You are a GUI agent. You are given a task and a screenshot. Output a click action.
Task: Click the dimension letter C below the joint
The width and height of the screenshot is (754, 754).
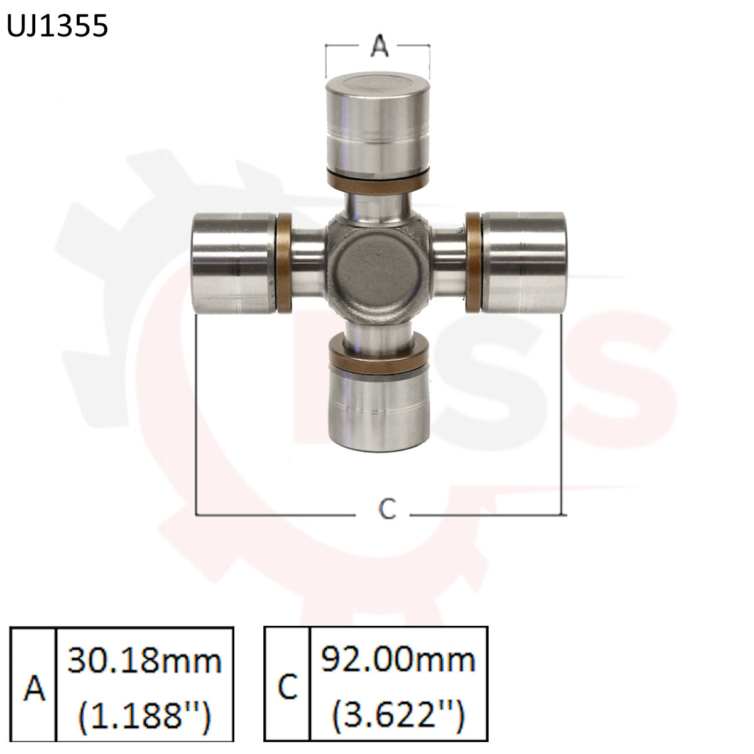388,508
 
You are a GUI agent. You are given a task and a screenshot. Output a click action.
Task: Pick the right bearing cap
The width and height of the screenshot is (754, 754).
524,262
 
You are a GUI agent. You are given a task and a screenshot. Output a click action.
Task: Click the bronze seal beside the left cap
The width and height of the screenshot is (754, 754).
284,263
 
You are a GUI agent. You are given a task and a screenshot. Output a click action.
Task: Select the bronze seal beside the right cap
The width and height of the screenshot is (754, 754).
473,262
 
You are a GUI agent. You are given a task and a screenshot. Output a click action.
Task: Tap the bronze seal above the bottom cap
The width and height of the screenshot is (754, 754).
377,358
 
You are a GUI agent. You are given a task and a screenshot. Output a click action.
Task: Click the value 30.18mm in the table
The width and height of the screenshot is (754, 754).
145,662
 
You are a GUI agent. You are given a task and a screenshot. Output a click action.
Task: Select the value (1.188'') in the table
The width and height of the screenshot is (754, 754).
145,714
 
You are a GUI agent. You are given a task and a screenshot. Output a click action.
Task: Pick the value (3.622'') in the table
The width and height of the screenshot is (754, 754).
398,714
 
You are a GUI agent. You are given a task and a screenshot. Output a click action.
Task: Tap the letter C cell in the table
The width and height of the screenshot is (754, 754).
287,688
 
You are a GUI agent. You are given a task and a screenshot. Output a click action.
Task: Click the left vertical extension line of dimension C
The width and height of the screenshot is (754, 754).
197,415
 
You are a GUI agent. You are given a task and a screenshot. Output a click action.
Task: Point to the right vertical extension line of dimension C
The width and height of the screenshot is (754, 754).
561,415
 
